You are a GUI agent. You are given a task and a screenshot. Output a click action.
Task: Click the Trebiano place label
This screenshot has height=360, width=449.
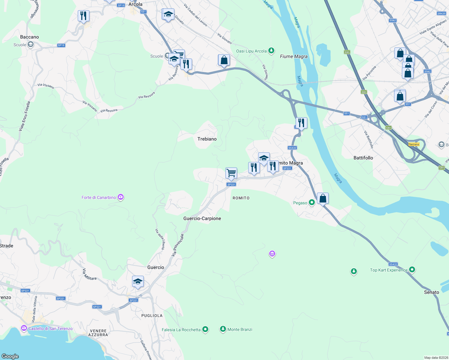click(x=207, y=139)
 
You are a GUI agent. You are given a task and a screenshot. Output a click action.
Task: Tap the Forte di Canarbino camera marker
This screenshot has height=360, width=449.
click(x=121, y=197)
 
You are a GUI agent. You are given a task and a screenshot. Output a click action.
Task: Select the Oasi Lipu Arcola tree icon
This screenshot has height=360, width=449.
click(x=271, y=51)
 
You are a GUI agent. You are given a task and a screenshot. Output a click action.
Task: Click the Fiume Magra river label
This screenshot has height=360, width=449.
click(x=294, y=56)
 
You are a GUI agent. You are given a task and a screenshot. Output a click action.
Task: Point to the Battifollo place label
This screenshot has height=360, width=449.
click(x=363, y=158)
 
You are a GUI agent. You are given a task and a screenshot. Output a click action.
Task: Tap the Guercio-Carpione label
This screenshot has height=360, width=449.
click(x=202, y=218)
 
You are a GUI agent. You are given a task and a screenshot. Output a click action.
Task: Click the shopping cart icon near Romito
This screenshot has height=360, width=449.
click(x=231, y=173)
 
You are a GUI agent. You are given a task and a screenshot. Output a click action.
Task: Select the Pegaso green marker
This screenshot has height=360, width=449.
click(x=312, y=202)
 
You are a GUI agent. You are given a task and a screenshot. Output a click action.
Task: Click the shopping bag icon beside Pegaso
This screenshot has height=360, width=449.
click(x=323, y=198)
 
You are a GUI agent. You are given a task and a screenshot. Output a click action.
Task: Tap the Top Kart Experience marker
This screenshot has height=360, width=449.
click(x=412, y=270)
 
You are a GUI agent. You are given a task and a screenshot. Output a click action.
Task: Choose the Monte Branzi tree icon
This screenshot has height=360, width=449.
click(x=223, y=329)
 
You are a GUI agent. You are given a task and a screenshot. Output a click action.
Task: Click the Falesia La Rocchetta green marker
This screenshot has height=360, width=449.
click(x=205, y=329)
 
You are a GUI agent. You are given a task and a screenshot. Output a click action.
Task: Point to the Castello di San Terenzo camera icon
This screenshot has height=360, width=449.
click(x=24, y=328)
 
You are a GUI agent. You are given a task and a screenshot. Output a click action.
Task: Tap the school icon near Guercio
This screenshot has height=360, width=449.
click(x=138, y=281)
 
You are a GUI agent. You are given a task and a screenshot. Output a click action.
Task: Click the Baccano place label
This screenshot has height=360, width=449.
click(x=29, y=37)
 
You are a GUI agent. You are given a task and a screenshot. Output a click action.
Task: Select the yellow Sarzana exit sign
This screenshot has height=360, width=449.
click(x=414, y=144)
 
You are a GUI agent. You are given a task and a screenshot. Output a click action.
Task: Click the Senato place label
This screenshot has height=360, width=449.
click(x=431, y=292)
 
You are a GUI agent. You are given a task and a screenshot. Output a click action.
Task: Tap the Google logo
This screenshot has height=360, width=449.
click(x=10, y=356)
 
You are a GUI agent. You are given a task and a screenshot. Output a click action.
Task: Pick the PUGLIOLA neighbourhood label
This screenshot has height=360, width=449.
click(x=152, y=316)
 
